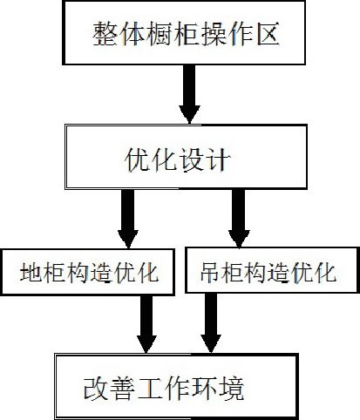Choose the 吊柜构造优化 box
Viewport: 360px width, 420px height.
coord(271,272)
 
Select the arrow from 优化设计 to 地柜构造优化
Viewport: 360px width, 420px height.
coord(127,218)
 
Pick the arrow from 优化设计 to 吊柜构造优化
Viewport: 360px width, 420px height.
coord(237,218)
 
